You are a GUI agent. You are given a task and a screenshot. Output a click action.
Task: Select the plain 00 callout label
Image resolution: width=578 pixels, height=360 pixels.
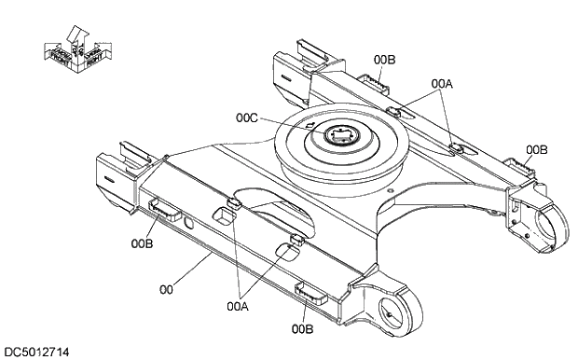pos(166,290)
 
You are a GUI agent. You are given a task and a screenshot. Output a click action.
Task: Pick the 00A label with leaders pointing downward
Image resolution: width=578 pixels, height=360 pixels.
pos(442,83)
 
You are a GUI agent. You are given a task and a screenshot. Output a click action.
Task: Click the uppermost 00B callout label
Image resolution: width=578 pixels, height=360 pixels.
pos(384,60)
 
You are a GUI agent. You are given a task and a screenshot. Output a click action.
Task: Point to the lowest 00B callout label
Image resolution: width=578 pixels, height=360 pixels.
pos(301,327)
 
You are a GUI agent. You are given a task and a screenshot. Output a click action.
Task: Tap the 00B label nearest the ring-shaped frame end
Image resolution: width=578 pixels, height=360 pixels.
pos(536,149)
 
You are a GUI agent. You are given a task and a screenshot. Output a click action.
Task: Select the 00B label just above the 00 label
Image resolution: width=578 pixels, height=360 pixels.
pos(142,243)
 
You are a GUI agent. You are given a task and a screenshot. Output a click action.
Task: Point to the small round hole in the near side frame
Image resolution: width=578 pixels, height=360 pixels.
pos(189,222)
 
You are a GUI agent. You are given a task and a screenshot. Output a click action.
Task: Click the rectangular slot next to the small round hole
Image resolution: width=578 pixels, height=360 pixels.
pos(223,216)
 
